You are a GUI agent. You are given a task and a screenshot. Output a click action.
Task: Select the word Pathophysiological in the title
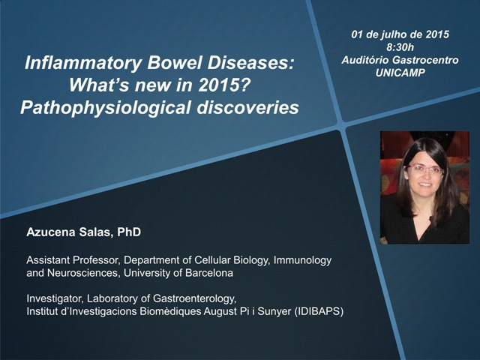tap(105, 108)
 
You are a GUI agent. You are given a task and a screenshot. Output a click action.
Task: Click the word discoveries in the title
tap(247, 107)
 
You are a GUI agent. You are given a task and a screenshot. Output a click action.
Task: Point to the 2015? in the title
tap(223, 85)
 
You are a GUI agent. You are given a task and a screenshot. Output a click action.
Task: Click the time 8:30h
tap(400, 47)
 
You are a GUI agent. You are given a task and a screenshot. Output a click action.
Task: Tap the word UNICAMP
tap(400, 73)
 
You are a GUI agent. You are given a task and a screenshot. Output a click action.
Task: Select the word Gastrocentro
tap(425, 60)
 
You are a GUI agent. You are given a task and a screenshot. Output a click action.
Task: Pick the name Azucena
tap(51, 232)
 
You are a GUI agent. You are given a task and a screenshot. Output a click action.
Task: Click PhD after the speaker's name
tap(129, 232)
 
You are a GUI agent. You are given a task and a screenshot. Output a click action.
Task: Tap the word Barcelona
tap(208, 273)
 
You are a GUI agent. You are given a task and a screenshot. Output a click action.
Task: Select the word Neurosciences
tap(82, 273)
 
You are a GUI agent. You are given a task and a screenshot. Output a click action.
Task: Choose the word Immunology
tap(302, 260)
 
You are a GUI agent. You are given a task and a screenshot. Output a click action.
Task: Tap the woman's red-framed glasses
tap(424, 169)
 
